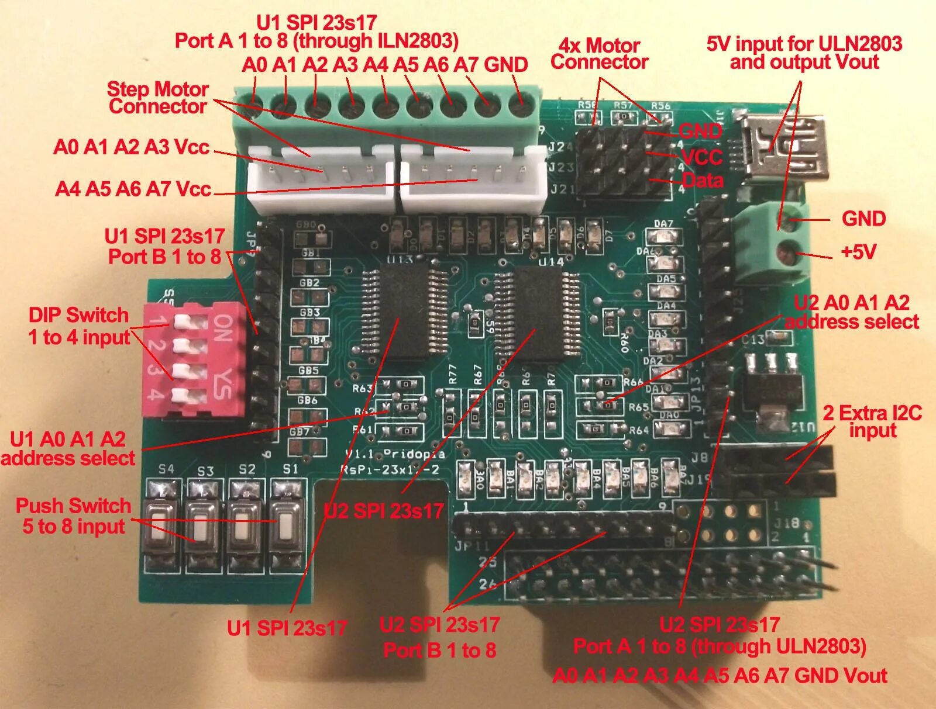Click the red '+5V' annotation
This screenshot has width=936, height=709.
click(x=858, y=252)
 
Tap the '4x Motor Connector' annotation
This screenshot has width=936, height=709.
click(x=599, y=54)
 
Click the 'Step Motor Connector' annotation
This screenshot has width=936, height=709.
click(x=158, y=98)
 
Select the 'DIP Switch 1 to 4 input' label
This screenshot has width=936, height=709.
click(x=79, y=326)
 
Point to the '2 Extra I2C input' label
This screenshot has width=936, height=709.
click(x=872, y=421)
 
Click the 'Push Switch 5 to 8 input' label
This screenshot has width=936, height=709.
click(x=74, y=516)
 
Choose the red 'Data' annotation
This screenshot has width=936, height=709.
click(x=703, y=179)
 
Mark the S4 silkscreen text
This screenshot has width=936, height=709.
click(x=166, y=469)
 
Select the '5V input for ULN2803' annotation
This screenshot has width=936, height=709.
click(x=804, y=53)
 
